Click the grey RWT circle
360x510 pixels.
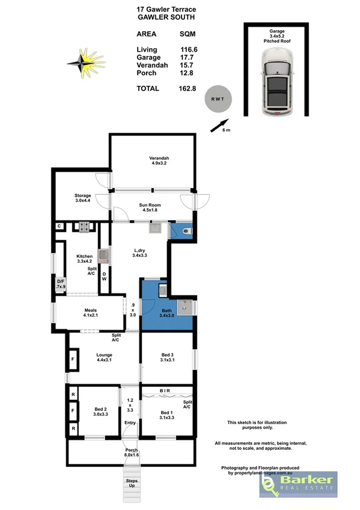217,100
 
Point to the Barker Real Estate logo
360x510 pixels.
297,484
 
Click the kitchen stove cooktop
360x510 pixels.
82,227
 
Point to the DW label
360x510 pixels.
105,278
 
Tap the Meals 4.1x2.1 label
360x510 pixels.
91,313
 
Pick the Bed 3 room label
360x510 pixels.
167,358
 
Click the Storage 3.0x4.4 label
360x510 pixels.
82,198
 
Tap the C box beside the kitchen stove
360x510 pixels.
59,226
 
